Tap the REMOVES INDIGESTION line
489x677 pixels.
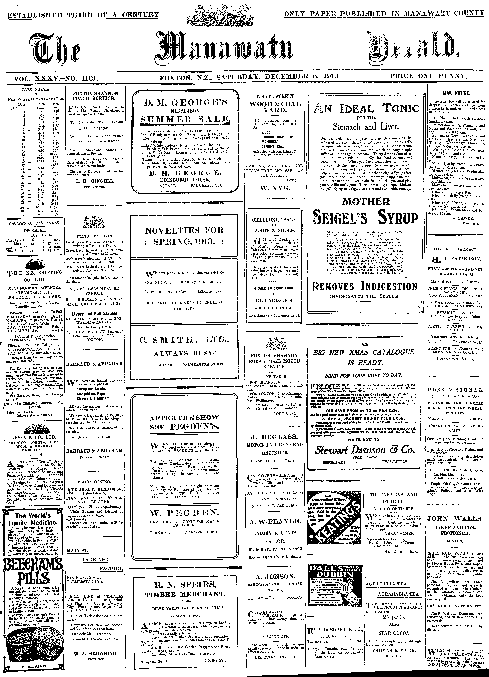point(365,287)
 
